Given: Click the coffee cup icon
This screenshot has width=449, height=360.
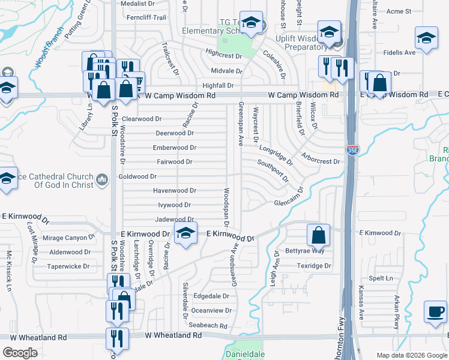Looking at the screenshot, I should (436, 312).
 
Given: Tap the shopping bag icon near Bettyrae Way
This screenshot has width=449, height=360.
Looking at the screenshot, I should (319, 235).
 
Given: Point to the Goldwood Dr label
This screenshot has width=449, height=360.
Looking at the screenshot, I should (137, 176).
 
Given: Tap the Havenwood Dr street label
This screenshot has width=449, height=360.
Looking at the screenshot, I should (175, 191).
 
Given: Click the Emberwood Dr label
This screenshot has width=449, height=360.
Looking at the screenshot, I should (175, 148).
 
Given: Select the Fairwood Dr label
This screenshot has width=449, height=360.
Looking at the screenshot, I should (174, 162).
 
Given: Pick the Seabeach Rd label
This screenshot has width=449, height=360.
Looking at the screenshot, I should (208, 326).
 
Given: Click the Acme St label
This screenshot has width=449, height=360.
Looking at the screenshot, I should (399, 11).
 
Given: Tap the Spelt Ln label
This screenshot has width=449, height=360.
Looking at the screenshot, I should (381, 278).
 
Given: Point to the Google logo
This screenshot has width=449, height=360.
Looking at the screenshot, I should (20, 353).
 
